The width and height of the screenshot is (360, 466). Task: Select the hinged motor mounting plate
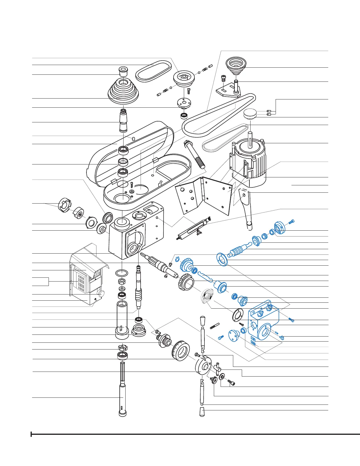coord(203,196)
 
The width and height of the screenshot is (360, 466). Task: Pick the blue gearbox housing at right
coord(263,324)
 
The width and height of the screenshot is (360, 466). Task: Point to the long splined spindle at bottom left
coord(123,388)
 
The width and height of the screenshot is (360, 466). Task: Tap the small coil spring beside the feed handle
coord(215,326)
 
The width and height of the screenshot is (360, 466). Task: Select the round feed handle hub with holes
coord(204,366)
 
